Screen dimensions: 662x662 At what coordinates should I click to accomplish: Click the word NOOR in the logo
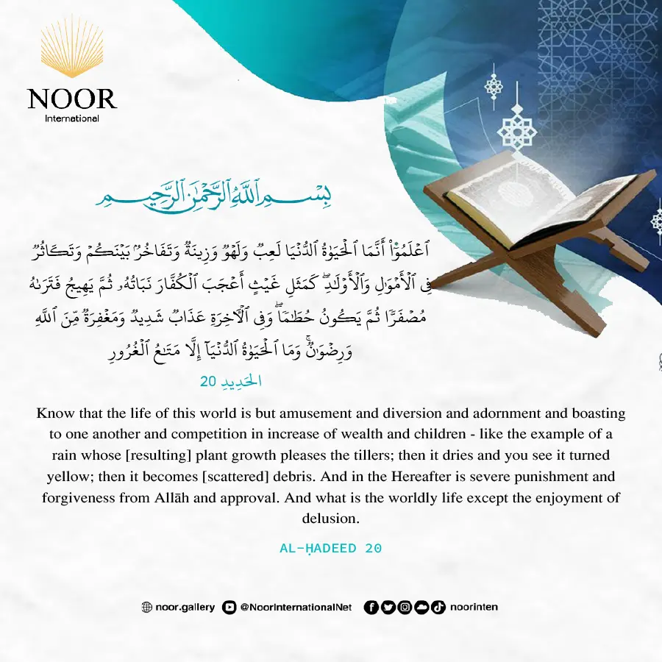72,99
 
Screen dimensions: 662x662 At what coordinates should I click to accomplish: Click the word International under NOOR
72,118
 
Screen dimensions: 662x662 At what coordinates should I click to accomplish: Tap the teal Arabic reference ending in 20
231,382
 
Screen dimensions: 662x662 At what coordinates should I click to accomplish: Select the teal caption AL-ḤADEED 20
331,549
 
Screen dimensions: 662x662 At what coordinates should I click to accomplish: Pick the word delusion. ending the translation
330,519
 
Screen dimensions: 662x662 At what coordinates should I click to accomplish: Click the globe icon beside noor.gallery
146,608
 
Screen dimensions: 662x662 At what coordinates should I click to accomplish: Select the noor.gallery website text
185,608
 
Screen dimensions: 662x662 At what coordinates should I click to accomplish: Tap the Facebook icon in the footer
371,608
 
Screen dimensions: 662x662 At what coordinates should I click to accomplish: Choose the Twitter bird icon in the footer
388,608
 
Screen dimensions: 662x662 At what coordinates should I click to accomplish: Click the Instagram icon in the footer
405,608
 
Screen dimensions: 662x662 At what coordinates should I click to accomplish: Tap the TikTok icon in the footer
438,608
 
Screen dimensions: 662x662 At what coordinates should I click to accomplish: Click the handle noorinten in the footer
474,608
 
